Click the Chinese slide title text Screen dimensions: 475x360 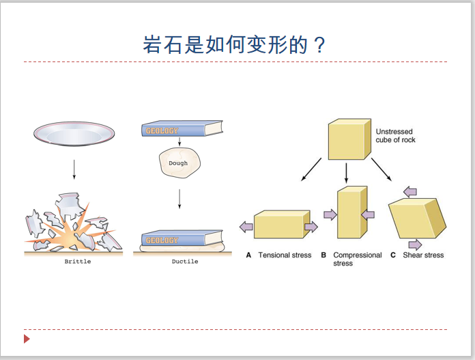click(234, 44)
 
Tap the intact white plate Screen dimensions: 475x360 click(74, 134)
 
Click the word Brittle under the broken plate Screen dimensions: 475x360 click(78, 262)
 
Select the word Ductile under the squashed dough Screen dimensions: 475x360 click(185, 262)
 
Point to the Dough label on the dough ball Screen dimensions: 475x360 click(178, 163)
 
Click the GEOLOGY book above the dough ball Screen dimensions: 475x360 click(182, 128)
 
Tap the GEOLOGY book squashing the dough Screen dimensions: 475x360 click(182, 238)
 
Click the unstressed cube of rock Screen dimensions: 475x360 click(349, 139)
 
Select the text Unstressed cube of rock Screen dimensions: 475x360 click(395, 135)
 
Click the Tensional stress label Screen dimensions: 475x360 click(285, 255)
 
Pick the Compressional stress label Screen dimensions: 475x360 click(358, 259)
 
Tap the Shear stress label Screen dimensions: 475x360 click(423, 255)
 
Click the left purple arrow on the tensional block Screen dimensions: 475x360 click(246, 227)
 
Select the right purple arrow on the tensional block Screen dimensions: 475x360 click(311, 227)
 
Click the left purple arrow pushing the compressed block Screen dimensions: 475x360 click(330, 214)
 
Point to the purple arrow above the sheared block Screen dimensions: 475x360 click(410, 192)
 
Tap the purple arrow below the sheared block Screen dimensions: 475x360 click(416, 245)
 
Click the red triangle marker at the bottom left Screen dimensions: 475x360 click(27, 339)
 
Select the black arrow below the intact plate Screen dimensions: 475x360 click(74, 169)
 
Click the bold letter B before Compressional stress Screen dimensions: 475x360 click(323, 255)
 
